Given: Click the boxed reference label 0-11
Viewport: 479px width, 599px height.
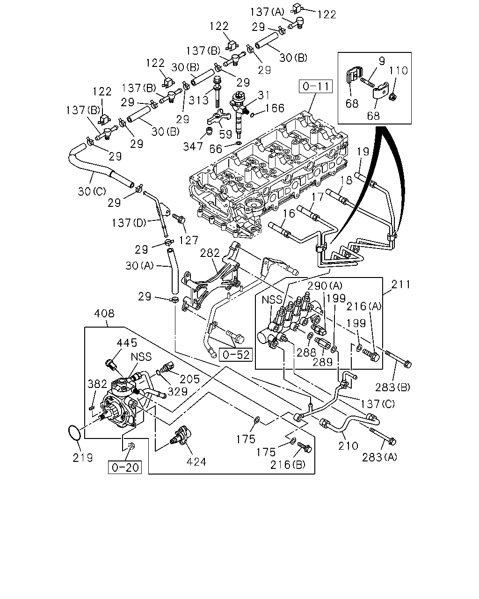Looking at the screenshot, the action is (315, 86).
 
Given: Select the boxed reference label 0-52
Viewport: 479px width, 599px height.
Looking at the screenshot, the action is (235, 355).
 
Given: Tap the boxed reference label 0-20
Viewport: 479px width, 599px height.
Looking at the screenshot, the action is (125, 468).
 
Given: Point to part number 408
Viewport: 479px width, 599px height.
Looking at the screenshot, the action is (104, 314).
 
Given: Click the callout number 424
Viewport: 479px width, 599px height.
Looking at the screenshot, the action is (196, 462).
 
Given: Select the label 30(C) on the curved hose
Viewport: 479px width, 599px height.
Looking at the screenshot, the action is (92, 191).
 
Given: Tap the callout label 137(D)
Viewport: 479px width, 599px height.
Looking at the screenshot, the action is (129, 223).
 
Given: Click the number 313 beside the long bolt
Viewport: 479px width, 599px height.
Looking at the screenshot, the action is (198, 101).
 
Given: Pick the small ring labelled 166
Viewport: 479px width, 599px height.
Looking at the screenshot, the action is (252, 115).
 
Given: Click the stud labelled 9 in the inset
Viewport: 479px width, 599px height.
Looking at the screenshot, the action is (367, 82).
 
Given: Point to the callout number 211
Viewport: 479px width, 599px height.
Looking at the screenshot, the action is (400, 285).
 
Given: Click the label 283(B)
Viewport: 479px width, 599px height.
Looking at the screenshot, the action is (392, 387).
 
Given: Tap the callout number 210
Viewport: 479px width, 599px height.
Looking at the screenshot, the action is (348, 446).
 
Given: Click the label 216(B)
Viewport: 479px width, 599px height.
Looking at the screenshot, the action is (288, 465).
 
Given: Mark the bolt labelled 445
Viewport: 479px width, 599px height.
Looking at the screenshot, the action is (111, 365).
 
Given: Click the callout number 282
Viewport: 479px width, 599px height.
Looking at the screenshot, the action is (210, 253).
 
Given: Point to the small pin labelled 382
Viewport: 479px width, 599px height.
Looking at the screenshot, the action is (91, 408).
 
